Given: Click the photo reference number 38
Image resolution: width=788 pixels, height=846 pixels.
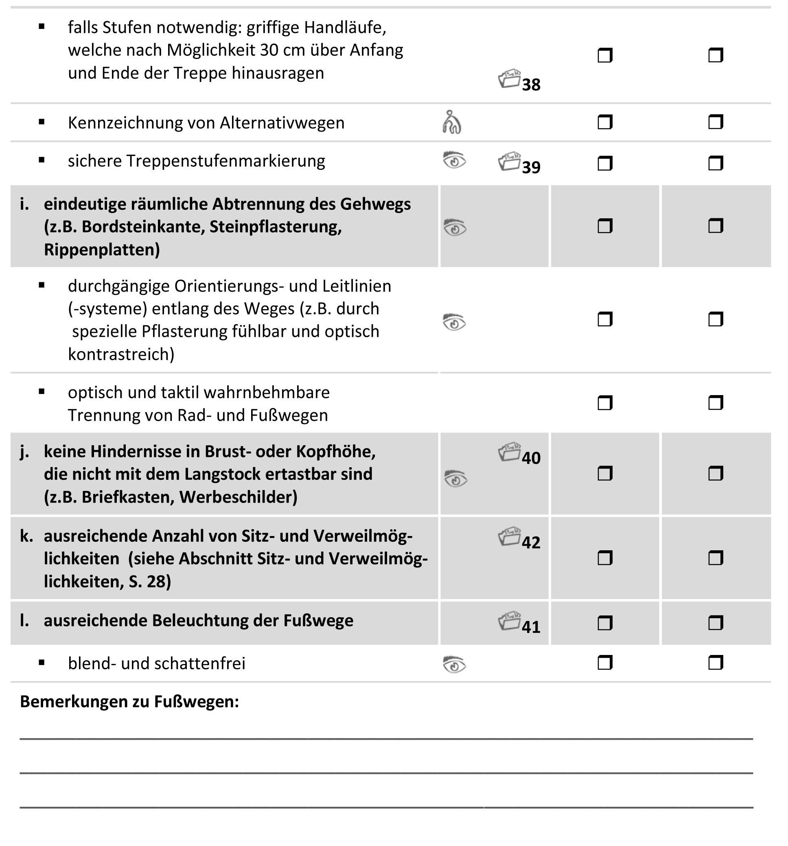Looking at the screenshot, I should tap(531, 85).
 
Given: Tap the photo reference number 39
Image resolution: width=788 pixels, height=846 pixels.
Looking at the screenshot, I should tap(531, 167).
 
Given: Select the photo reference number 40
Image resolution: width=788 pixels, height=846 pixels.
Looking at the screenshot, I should tap(531, 458).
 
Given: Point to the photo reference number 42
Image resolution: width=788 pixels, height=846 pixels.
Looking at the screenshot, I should tap(531, 543).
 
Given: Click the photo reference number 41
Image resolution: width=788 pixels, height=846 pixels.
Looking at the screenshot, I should tap(531, 627).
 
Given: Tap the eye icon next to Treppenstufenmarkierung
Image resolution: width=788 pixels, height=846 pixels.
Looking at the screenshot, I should tap(454, 161).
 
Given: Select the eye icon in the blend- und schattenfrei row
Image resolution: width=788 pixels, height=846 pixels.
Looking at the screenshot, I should tap(454, 664).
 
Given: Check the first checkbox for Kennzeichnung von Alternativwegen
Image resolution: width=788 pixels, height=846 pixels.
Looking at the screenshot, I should tap(605, 123).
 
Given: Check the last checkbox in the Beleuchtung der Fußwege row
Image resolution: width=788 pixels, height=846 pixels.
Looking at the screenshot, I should tap(716, 624).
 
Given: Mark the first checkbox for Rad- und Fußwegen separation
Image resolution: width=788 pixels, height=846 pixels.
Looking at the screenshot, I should tap(605, 402).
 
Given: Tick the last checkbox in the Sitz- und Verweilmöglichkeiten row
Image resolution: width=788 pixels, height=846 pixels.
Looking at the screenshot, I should tap(716, 558).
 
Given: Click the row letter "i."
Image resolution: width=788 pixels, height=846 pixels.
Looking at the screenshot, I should tap(25, 204).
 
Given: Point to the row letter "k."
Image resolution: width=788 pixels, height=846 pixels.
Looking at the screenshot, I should tap(26, 536).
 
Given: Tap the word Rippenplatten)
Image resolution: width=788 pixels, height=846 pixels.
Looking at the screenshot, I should tap(102, 250).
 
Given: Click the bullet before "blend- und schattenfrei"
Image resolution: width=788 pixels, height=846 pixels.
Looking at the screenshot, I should tap(41, 663).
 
